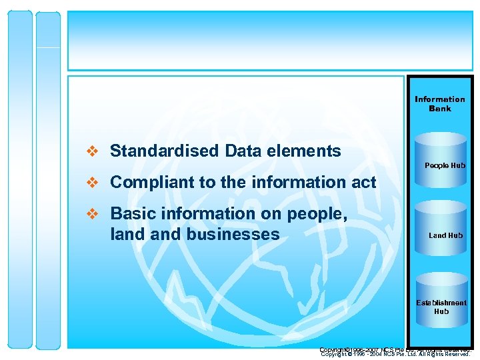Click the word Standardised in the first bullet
point(165,151)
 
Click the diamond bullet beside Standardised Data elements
point(94,152)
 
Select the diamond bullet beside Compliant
point(94,183)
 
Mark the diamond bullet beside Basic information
point(94,214)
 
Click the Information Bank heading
point(440,104)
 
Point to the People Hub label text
point(445,165)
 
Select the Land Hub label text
point(446,235)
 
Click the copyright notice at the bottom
point(395,352)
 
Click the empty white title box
point(270,40)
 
